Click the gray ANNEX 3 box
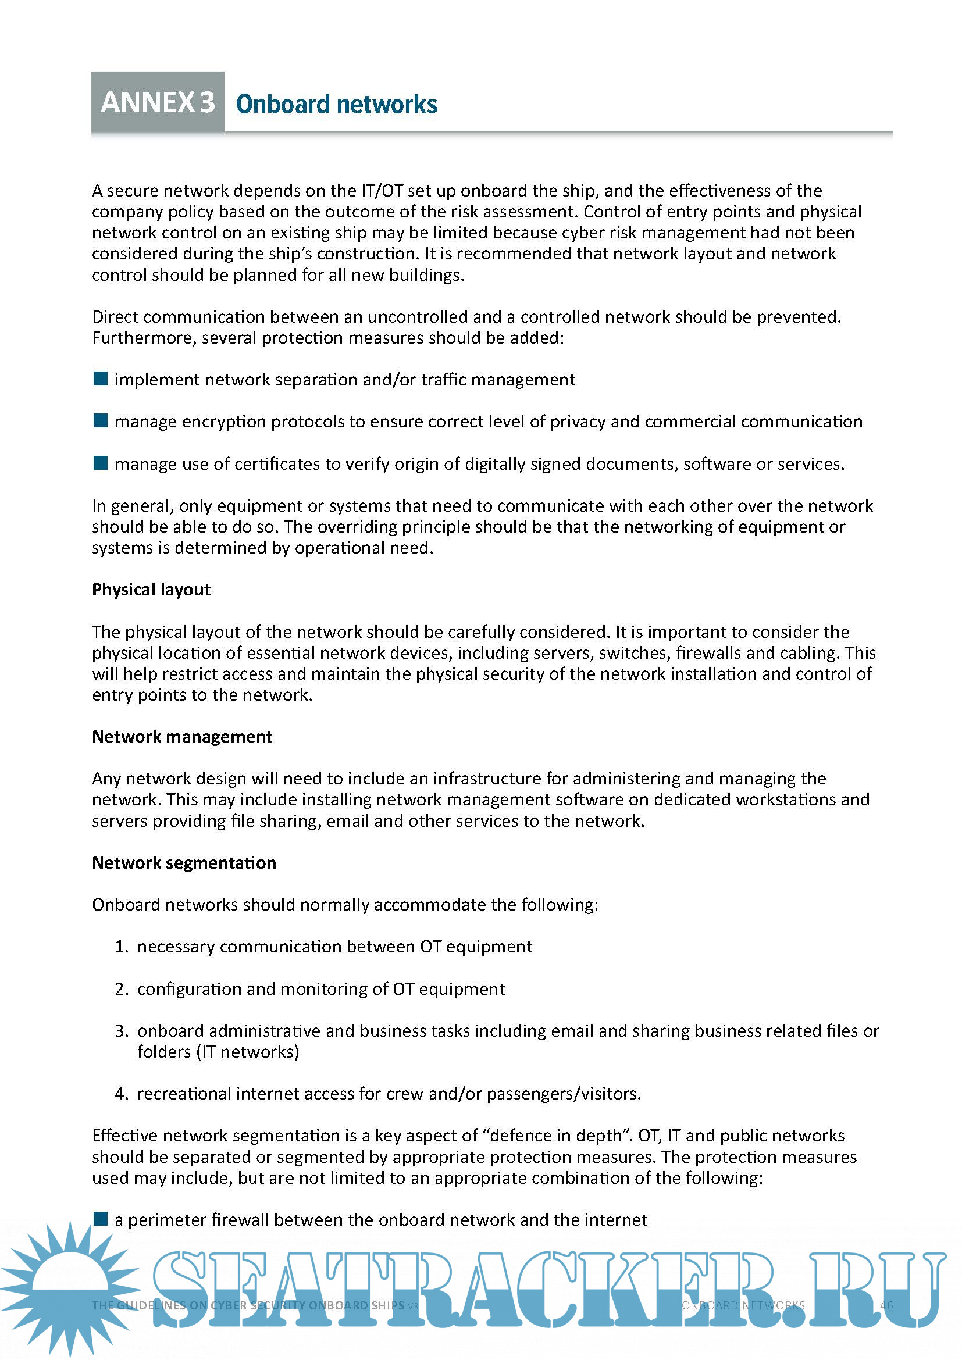(x=158, y=102)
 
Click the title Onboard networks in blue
(x=336, y=104)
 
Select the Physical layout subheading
(x=151, y=590)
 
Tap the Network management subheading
(x=182, y=736)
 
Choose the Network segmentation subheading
(x=184, y=862)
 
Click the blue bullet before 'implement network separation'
(x=101, y=379)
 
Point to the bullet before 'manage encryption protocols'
(x=101, y=420)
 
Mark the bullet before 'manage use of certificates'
(x=101, y=463)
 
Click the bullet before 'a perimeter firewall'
(x=101, y=1219)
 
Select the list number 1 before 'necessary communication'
(x=121, y=947)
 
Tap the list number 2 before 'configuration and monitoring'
(x=121, y=988)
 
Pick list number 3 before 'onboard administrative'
(x=121, y=1031)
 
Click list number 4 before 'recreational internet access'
(x=121, y=1094)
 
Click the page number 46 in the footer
(x=886, y=1305)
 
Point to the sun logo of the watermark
(x=70, y=1286)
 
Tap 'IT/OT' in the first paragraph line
(x=382, y=191)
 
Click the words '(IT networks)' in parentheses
(x=218, y=1051)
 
